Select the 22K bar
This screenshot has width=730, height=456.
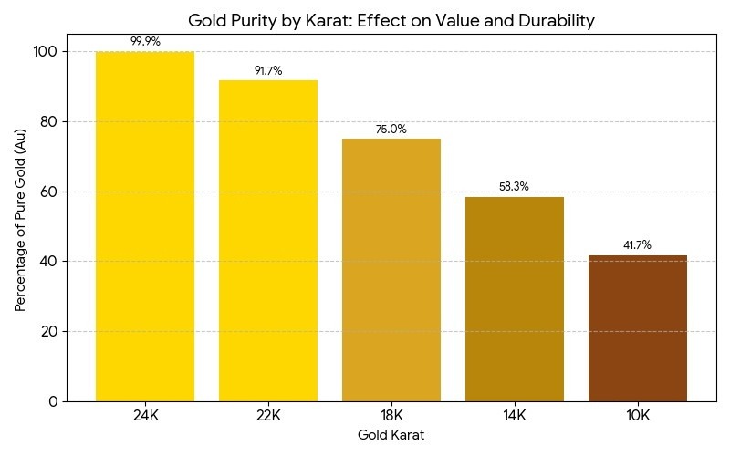pos(268,241)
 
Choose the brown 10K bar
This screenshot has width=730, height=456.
pos(638,328)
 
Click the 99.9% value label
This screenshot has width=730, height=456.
pos(145,41)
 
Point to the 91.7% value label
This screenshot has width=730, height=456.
pos(268,70)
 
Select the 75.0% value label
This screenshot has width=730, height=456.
pos(391,129)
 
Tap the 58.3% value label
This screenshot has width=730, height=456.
pos(515,187)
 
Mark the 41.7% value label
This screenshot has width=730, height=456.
pos(638,245)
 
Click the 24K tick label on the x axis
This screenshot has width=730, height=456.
pos(145,416)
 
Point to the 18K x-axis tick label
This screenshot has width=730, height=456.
pos(391,416)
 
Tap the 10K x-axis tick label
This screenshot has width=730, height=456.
pos(638,416)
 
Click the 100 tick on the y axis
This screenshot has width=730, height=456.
pos(46,52)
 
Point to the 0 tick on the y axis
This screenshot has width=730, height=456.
pos(54,401)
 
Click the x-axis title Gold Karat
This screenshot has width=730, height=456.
pos(391,435)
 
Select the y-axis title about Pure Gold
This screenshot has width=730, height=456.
pos(20,226)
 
